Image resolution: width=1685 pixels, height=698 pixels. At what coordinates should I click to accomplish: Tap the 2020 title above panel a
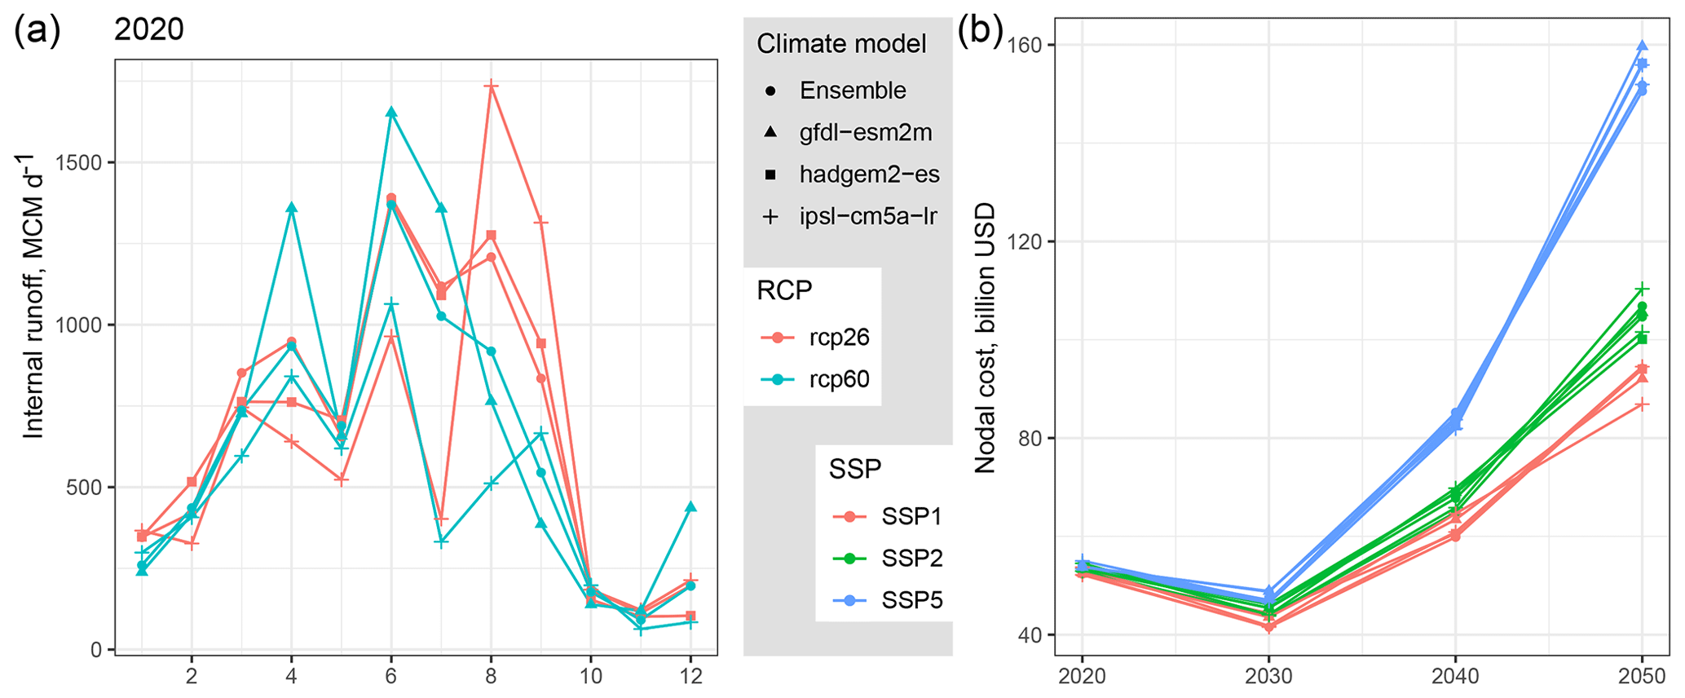point(148,30)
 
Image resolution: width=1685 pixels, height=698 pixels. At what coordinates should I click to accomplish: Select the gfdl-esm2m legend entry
point(865,132)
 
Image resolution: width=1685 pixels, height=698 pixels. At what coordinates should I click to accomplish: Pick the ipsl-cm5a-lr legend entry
point(867,216)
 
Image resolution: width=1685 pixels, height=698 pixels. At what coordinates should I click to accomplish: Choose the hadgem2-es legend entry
point(869,174)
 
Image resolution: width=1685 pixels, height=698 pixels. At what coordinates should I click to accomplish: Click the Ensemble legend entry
point(852,91)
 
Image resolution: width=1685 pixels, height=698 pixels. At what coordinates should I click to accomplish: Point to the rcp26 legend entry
point(839,337)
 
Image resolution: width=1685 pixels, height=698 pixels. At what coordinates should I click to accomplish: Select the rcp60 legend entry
point(839,379)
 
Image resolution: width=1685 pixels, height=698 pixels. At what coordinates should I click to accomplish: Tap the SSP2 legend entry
point(911,559)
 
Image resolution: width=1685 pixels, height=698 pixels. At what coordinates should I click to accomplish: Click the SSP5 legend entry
point(911,601)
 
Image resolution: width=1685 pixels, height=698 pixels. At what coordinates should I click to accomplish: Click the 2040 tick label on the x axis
point(1455,677)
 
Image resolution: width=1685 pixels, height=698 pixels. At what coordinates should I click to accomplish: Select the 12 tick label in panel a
point(690,677)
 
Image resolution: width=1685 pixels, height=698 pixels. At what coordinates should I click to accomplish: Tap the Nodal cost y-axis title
point(986,338)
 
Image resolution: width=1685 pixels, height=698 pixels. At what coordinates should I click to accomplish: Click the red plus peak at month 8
point(491,85)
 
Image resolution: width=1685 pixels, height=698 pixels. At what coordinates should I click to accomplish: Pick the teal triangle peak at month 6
point(391,112)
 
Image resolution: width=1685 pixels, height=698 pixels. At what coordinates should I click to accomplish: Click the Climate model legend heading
point(841,44)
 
